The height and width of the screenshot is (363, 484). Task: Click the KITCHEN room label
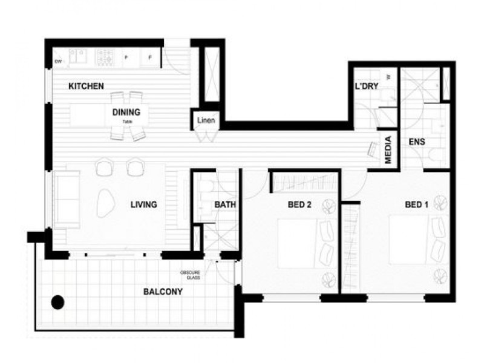(x=86, y=87)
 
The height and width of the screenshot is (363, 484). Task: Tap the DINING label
(x=126, y=112)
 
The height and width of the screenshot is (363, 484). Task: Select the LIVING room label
(x=144, y=204)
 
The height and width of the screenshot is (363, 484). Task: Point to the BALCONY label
(x=163, y=292)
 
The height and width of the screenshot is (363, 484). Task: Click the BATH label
(x=225, y=204)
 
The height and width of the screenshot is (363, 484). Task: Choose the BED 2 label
(x=299, y=204)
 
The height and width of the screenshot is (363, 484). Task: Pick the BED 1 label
(x=416, y=204)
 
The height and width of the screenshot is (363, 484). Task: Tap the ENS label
(x=417, y=142)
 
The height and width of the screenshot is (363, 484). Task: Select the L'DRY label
(x=367, y=87)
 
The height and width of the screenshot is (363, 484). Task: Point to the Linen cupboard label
(x=205, y=120)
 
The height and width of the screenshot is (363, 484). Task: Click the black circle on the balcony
(x=58, y=301)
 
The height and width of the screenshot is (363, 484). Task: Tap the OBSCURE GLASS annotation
(x=190, y=275)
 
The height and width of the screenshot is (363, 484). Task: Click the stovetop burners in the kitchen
(x=105, y=56)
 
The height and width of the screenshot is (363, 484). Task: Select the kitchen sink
(x=77, y=56)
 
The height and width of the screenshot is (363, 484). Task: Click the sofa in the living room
(x=67, y=200)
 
